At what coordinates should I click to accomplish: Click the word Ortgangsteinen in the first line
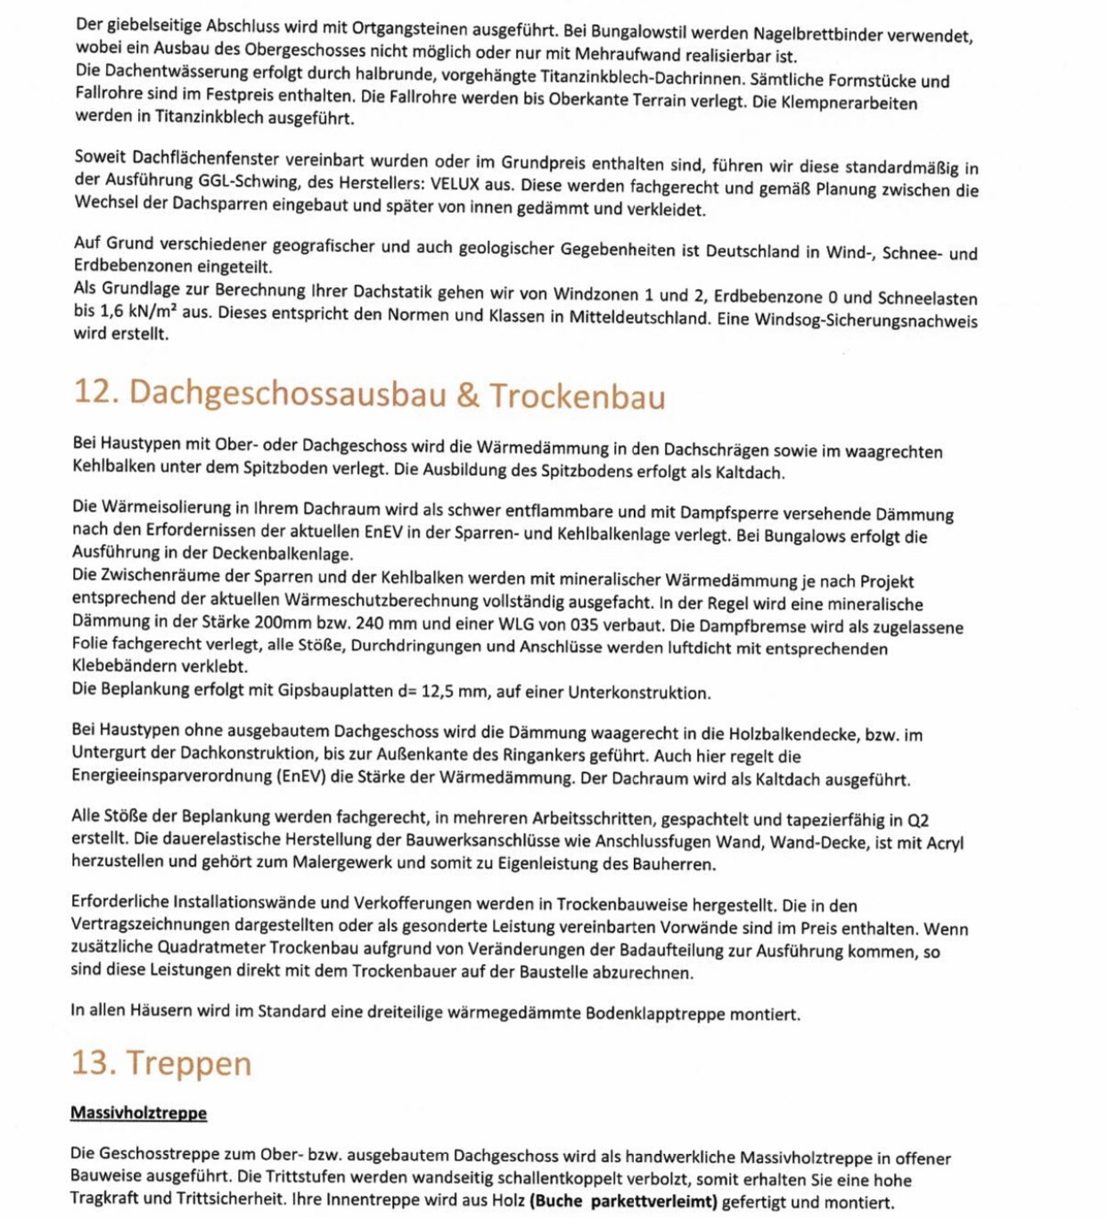click(409, 29)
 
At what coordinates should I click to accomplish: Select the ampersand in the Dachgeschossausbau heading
click(468, 395)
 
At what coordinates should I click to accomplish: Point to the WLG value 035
click(581, 625)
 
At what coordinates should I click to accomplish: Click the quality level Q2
click(917, 820)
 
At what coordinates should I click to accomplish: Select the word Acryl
click(944, 843)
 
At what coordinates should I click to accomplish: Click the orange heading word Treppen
click(188, 1063)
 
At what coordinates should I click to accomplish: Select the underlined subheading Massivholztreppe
click(138, 1113)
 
